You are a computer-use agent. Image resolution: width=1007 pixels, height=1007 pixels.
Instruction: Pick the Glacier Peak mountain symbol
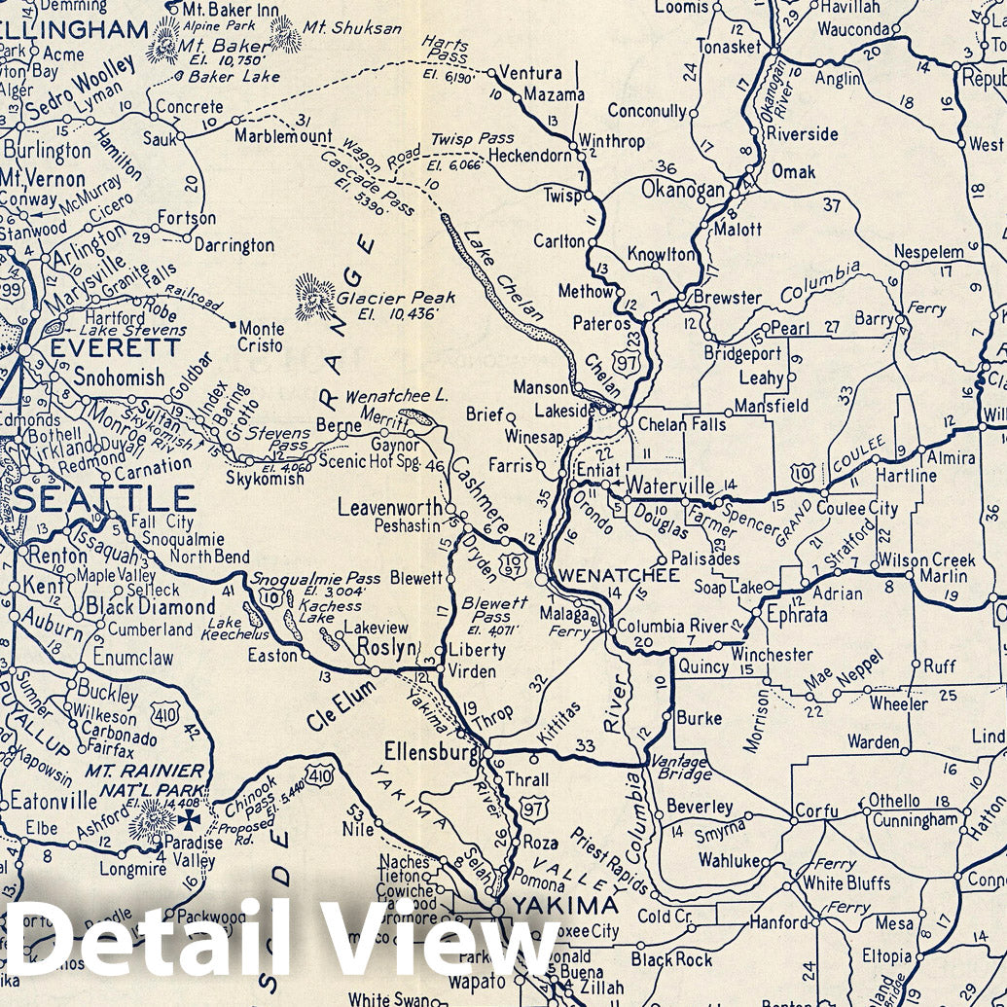coord(315,297)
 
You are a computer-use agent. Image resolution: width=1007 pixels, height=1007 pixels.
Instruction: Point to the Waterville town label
coord(671,485)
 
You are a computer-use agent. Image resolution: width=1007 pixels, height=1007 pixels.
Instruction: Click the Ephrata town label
coord(797,615)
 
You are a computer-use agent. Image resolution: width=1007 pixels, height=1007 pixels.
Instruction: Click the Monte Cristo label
coord(261,337)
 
